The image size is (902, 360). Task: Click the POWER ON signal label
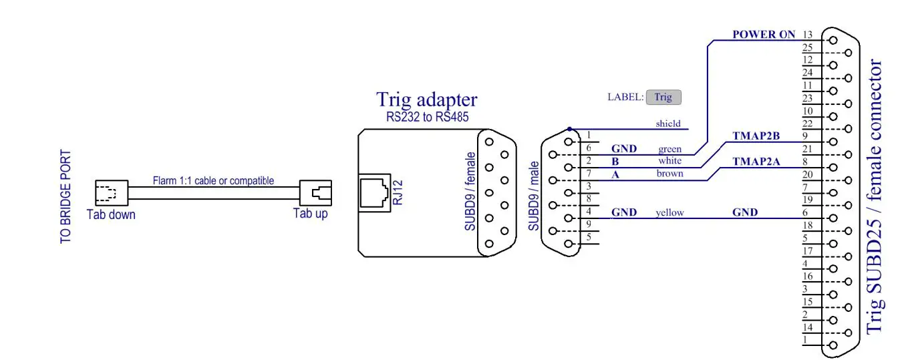coord(764,35)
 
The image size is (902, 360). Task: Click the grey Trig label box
coord(663,97)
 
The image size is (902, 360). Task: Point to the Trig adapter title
coord(427,100)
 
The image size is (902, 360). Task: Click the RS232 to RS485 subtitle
coord(427,117)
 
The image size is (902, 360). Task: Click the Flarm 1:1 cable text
coord(213,180)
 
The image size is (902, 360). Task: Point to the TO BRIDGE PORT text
coord(66,196)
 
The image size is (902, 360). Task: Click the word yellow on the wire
coord(669,212)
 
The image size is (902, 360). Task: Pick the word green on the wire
coord(669,149)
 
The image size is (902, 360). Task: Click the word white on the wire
coord(669,161)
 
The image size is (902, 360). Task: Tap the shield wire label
coord(668,124)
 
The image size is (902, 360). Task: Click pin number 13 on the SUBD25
coord(808,35)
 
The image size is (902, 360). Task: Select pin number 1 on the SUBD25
coord(805,340)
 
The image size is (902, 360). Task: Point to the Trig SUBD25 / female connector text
coord(875,197)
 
